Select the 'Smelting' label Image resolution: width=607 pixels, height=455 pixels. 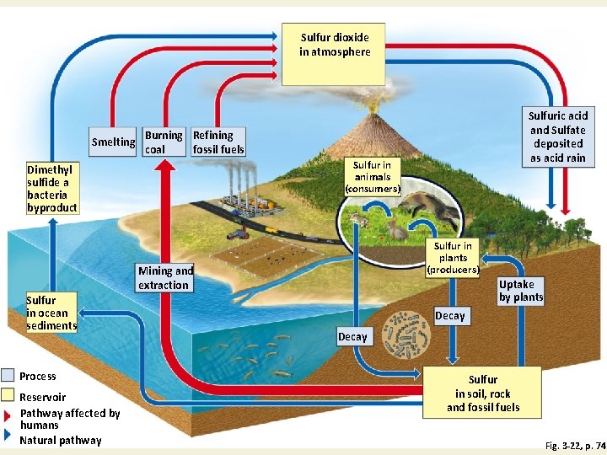[x=113, y=142]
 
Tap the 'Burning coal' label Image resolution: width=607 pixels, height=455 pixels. [x=164, y=142]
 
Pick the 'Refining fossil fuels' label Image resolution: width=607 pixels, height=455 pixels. [x=218, y=142]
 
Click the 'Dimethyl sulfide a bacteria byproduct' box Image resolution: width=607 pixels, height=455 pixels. [x=51, y=189]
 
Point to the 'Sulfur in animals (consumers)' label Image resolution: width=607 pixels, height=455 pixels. [x=372, y=177]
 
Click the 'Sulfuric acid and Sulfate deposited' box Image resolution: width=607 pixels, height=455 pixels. [x=557, y=136]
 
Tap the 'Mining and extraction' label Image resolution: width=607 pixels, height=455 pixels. [x=165, y=278]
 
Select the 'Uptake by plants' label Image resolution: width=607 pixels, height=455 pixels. [x=521, y=291]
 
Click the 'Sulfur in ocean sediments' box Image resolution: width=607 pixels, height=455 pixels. [x=51, y=313]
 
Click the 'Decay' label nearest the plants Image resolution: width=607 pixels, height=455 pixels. [x=449, y=316]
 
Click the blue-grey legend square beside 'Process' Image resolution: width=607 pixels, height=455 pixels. [x=8, y=376]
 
